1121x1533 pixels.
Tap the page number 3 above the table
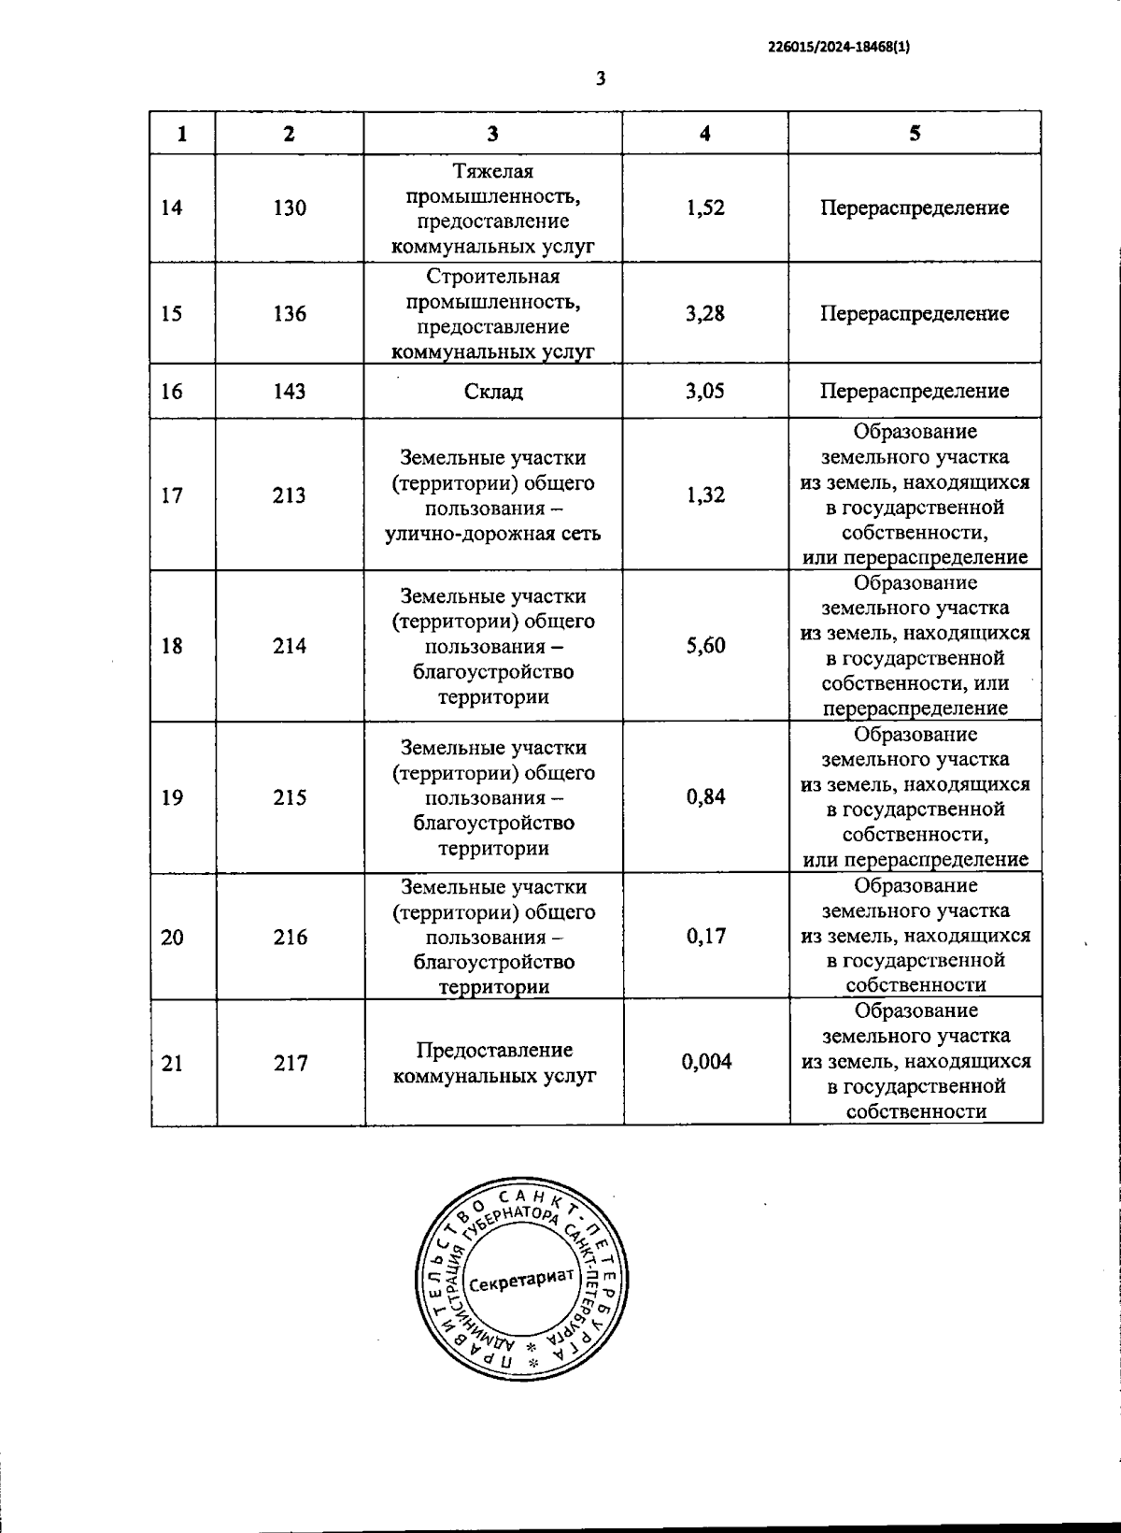point(601,79)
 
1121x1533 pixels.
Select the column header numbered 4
point(705,134)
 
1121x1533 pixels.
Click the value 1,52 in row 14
point(705,208)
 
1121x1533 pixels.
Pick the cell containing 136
point(290,313)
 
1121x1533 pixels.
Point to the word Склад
point(493,392)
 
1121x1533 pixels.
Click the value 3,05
point(705,391)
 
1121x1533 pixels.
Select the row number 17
point(172,495)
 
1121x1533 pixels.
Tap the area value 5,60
point(705,646)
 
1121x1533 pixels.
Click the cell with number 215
point(290,797)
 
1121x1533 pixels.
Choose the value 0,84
point(705,797)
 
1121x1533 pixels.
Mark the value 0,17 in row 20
point(705,937)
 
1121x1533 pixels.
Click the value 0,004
point(706,1062)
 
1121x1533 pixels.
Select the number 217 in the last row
point(291,1063)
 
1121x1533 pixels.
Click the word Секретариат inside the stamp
point(520,1281)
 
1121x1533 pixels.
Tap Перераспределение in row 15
point(915,313)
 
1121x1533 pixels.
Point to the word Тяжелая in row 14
point(492,172)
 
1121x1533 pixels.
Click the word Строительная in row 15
point(492,277)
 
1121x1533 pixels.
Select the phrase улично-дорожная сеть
point(492,534)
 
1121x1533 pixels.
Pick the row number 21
point(172,1063)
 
